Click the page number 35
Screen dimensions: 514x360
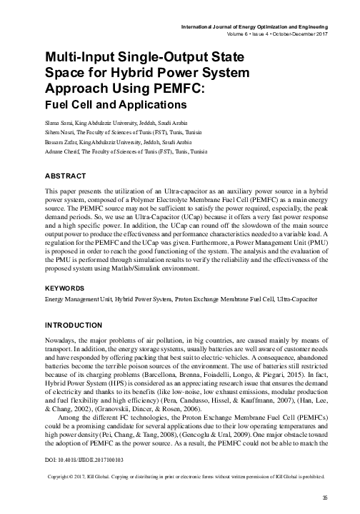325,498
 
